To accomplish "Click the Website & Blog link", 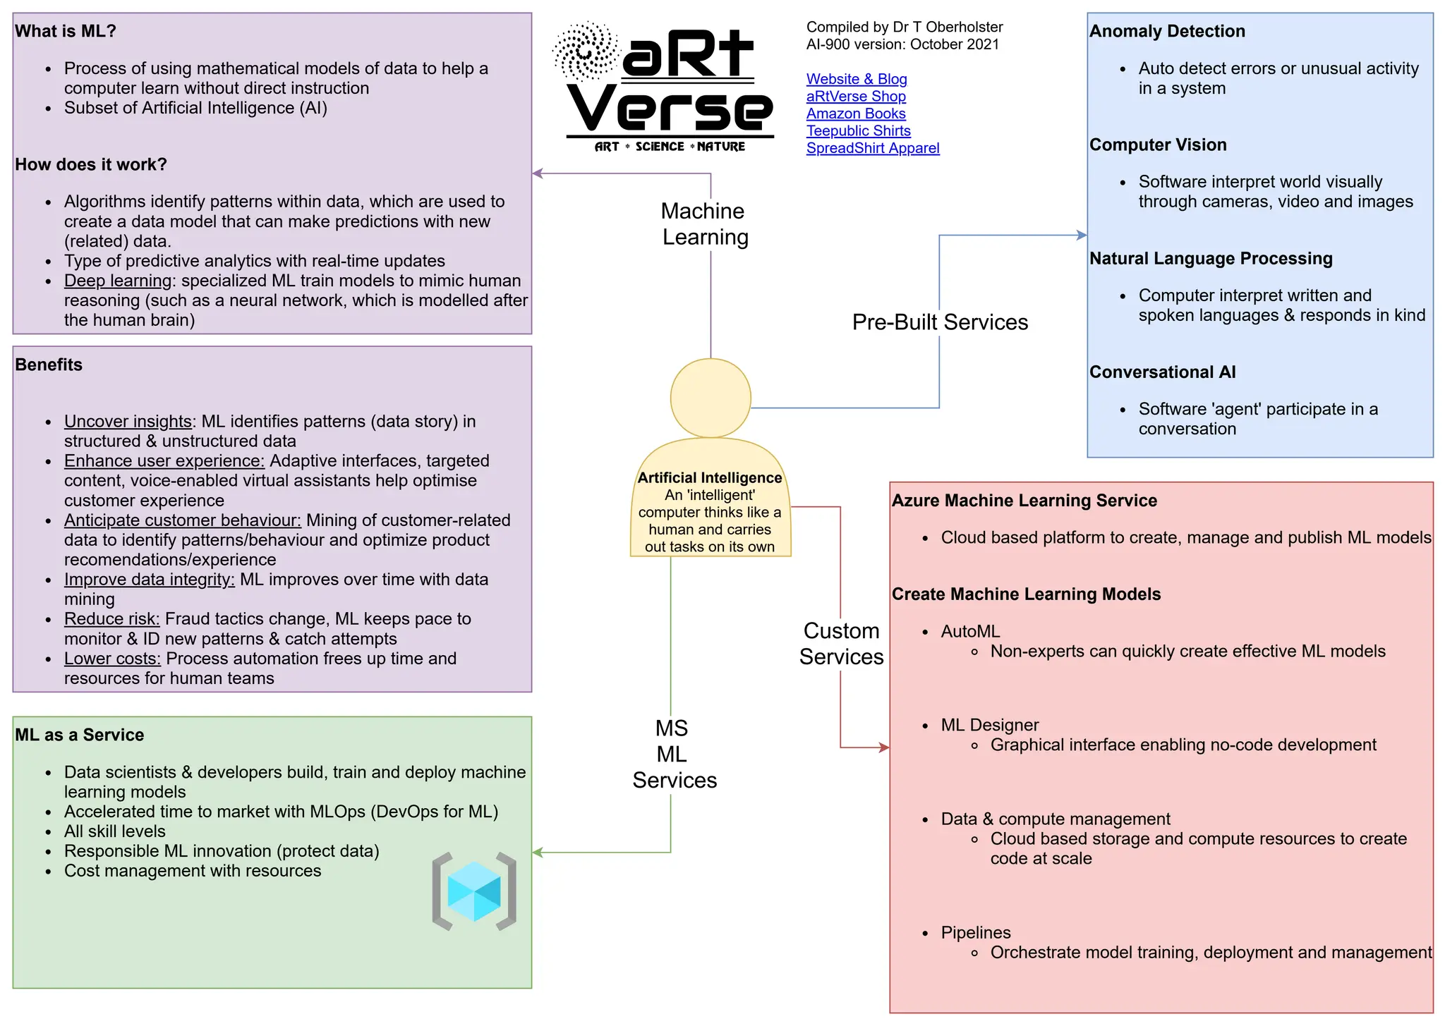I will (856, 79).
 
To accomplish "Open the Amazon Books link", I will (855, 114).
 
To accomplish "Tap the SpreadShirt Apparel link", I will (872, 148).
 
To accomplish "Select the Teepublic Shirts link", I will (858, 131).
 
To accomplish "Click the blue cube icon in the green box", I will (474, 891).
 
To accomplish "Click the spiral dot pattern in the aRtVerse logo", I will (586, 51).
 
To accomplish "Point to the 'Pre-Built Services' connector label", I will (939, 322).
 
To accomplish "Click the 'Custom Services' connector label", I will (841, 644).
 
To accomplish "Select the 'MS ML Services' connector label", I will (673, 754).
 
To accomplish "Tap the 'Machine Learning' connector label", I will (704, 224).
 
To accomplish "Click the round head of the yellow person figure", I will (710, 398).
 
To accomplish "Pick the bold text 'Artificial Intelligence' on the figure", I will (709, 478).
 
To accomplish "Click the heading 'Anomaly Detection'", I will (1167, 32).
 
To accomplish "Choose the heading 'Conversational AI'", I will (1162, 372).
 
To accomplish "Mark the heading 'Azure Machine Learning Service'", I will (1024, 501).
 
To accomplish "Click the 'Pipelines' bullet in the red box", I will (975, 933).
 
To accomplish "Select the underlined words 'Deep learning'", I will (118, 281).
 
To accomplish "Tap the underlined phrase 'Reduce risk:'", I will (111, 619).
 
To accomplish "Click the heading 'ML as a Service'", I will (79, 735).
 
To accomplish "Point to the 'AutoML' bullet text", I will (969, 632).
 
